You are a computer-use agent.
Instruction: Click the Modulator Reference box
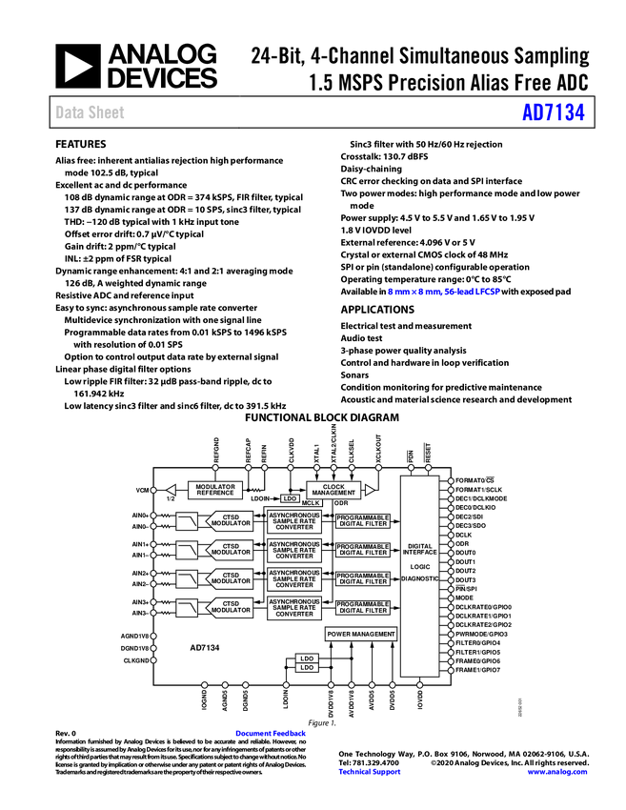(x=215, y=490)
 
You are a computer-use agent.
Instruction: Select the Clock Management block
(x=333, y=490)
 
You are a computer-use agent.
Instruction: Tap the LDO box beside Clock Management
(x=290, y=498)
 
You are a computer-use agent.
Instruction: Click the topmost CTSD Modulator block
(x=231, y=521)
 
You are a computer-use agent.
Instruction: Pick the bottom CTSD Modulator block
(x=231, y=607)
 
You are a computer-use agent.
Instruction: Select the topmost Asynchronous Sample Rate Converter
(x=294, y=521)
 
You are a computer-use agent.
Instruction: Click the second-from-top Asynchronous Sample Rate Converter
(x=294, y=550)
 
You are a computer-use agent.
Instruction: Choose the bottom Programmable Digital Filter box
(x=363, y=607)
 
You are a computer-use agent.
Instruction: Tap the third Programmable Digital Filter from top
(x=363, y=578)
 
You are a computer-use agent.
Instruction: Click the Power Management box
(x=361, y=634)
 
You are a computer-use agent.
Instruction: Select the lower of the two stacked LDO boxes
(x=307, y=668)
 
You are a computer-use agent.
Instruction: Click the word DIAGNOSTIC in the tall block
(x=420, y=578)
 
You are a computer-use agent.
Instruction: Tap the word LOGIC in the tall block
(x=420, y=567)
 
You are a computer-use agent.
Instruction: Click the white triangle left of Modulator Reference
(x=172, y=490)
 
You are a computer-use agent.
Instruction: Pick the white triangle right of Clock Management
(x=370, y=490)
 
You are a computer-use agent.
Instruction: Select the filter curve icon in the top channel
(x=187, y=521)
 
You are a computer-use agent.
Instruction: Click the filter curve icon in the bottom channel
(x=187, y=607)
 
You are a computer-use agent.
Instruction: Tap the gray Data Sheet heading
(x=91, y=113)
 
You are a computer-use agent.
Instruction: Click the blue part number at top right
(x=553, y=113)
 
